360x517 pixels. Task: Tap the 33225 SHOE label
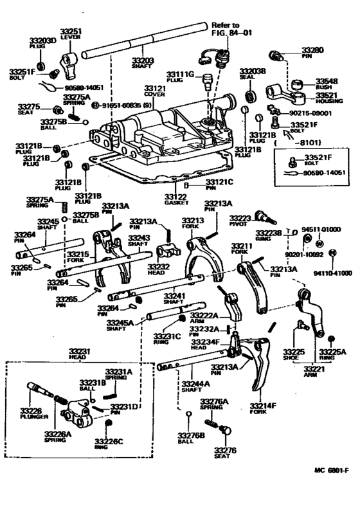(294, 356)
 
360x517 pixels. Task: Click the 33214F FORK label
(262, 409)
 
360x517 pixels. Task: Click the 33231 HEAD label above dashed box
(80, 354)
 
